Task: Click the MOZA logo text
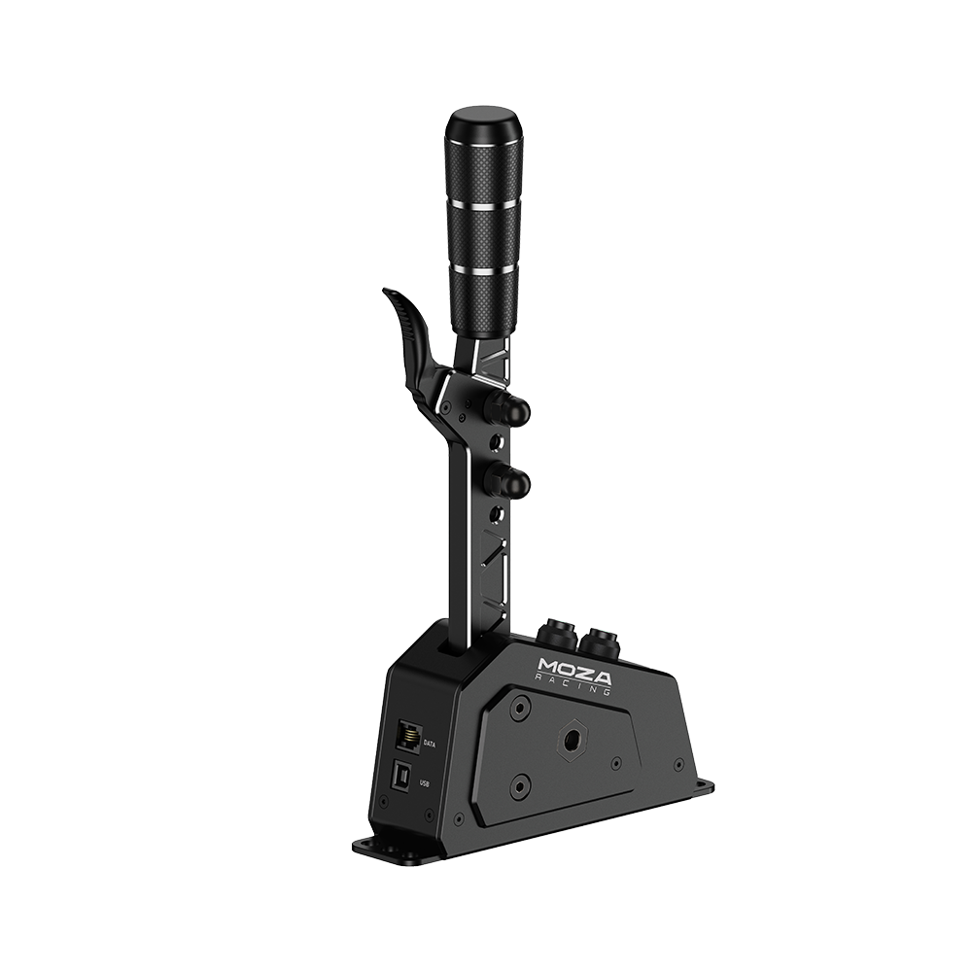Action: point(571,672)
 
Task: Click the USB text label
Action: point(423,781)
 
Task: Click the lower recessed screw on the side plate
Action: point(521,782)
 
